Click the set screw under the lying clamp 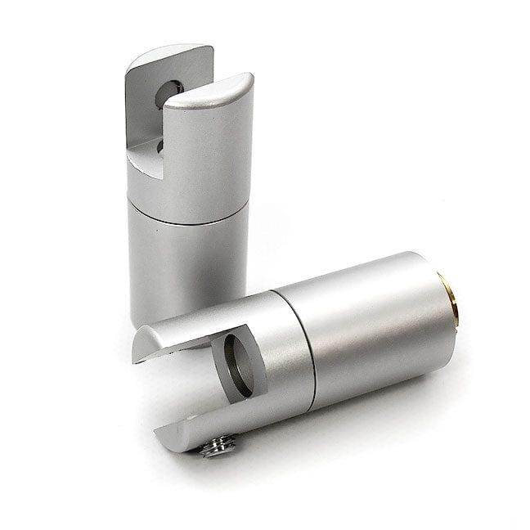(x=219, y=446)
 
